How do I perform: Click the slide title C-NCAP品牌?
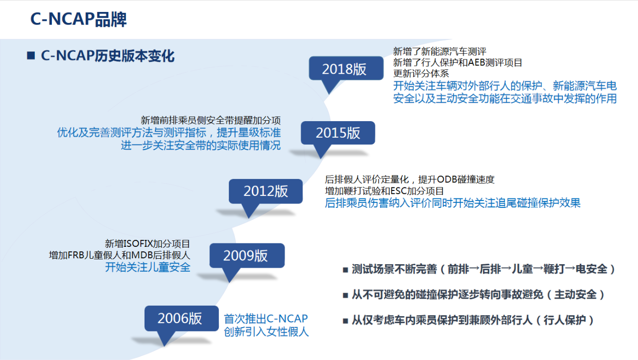(x=78, y=19)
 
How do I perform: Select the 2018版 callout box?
(x=346, y=68)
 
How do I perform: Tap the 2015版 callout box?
(x=338, y=133)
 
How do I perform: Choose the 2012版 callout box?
(x=266, y=191)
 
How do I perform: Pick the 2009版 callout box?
(x=247, y=255)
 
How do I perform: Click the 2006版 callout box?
(x=181, y=319)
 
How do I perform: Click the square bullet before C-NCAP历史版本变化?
(x=31, y=55)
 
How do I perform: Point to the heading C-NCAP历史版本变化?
(x=108, y=55)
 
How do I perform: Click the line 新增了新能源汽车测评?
(x=440, y=51)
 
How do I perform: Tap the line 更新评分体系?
(x=421, y=73)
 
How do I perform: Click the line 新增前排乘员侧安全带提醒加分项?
(x=211, y=120)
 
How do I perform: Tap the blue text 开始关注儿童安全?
(x=148, y=267)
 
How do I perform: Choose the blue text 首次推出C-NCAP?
(x=266, y=319)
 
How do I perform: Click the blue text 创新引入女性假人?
(x=266, y=332)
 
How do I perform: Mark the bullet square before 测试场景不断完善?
(x=345, y=270)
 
